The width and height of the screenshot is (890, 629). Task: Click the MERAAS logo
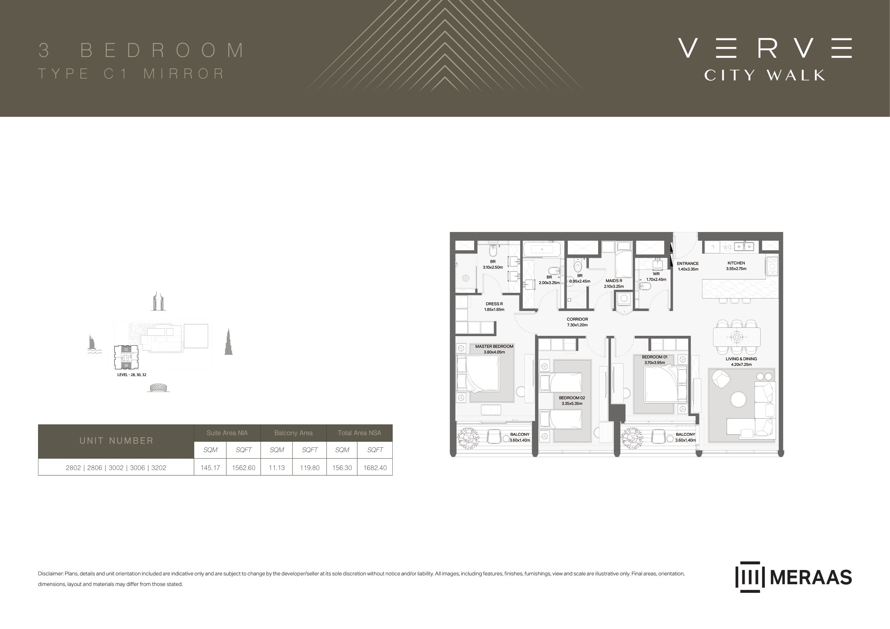[x=793, y=577]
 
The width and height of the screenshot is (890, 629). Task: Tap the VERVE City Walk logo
[x=765, y=59]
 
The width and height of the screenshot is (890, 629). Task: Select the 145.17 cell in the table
[x=210, y=467]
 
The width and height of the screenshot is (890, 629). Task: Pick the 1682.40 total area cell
[x=375, y=467]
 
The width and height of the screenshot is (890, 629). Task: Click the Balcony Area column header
[x=293, y=433]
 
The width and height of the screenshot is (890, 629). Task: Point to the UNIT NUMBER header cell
[x=116, y=441]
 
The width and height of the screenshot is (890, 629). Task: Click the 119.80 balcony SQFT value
[x=310, y=467]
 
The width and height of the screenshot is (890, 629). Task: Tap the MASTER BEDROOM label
[x=494, y=347]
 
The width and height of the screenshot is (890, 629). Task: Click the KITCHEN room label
[x=736, y=263]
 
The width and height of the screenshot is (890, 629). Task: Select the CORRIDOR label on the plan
[x=577, y=319]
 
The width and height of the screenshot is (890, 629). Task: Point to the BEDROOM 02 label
[x=572, y=398]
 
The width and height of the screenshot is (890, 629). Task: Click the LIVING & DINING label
[x=741, y=359]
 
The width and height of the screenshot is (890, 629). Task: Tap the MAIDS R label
[x=614, y=281]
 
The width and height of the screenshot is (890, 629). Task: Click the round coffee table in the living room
[x=739, y=399]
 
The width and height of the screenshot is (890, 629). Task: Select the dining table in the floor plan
[x=737, y=337]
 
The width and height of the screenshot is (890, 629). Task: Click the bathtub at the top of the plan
[x=542, y=249]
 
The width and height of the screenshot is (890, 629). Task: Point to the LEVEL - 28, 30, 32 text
[x=132, y=375]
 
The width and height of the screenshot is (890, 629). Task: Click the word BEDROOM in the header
[x=162, y=50]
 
